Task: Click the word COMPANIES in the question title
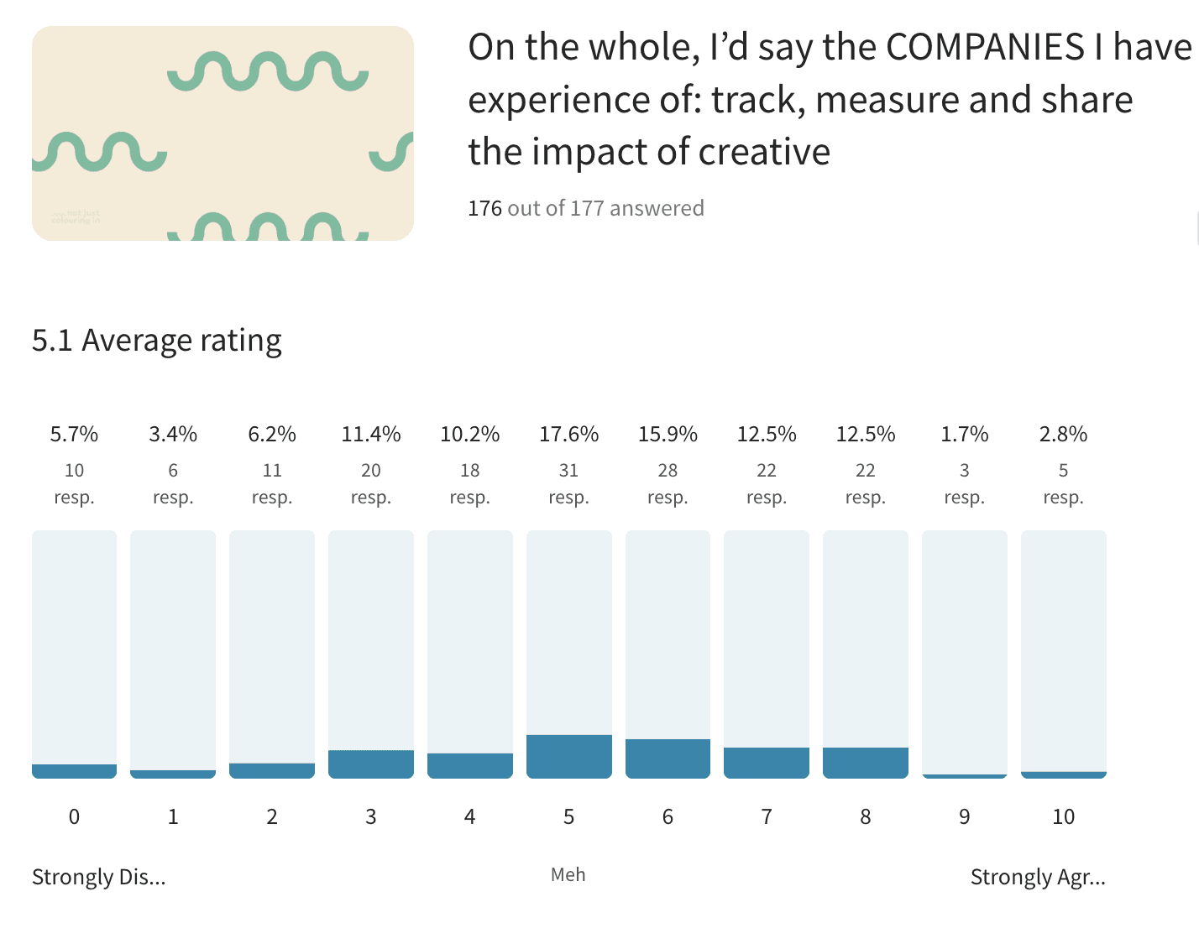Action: click(x=985, y=48)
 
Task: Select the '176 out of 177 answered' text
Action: click(x=585, y=208)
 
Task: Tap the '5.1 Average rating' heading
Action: click(x=156, y=341)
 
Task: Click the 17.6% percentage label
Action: click(x=568, y=435)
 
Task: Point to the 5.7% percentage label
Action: click(x=74, y=435)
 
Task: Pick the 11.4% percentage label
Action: click(x=370, y=435)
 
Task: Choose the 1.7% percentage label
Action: click(x=964, y=435)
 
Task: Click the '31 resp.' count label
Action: click(x=568, y=483)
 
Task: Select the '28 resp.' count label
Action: click(x=668, y=483)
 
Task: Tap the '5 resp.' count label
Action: click(x=1063, y=483)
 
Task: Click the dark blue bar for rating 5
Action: click(x=568, y=756)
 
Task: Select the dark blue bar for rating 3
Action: click(x=370, y=764)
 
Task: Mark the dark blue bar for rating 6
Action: click(x=668, y=759)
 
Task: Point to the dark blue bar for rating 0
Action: click(x=74, y=771)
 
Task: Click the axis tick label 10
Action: click(x=1063, y=816)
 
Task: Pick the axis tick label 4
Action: click(x=469, y=816)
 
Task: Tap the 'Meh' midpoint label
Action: click(x=568, y=875)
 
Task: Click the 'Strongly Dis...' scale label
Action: click(x=98, y=877)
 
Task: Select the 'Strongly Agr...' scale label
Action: click(x=1038, y=877)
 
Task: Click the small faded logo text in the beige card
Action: click(x=76, y=217)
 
